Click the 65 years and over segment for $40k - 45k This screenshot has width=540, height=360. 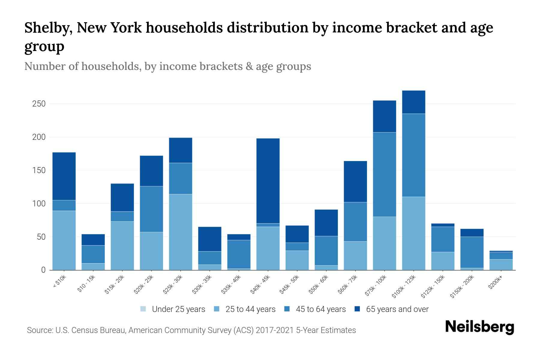pyautogui.click(x=268, y=181)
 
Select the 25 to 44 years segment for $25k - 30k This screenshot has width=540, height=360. pyautogui.click(x=181, y=232)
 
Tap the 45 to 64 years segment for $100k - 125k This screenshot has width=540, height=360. pyautogui.click(x=414, y=155)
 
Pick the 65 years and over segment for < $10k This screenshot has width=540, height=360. pyautogui.click(x=64, y=176)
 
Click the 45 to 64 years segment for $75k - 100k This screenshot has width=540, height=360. pyautogui.click(x=384, y=174)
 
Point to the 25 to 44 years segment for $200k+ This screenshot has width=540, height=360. pyautogui.click(x=501, y=265)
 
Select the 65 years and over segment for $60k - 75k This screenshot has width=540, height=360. pyautogui.click(x=355, y=181)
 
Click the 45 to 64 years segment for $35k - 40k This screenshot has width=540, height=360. pyautogui.click(x=239, y=254)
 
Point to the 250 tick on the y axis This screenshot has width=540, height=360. pyautogui.click(x=39, y=104)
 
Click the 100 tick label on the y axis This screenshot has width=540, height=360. pyautogui.click(x=39, y=204)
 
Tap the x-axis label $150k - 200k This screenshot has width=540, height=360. pyautogui.click(x=462, y=287)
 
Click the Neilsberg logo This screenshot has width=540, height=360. pyautogui.click(x=479, y=327)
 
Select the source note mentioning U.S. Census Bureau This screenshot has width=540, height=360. pyautogui.click(x=191, y=330)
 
